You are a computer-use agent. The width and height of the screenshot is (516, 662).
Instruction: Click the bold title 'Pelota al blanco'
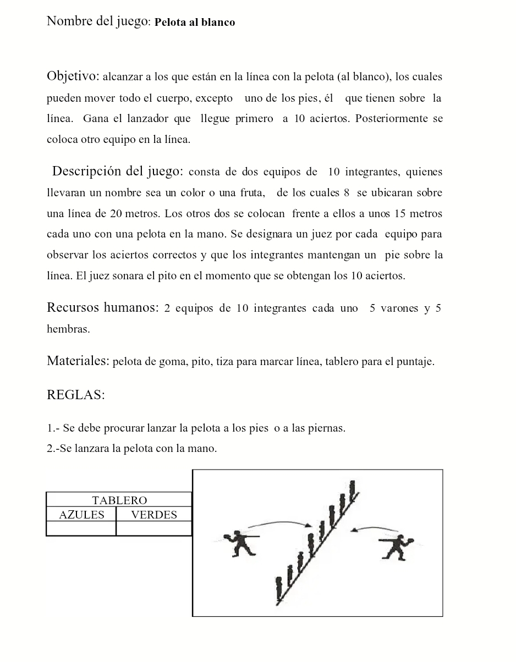tap(195, 23)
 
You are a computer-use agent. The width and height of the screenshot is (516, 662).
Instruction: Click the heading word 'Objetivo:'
tap(73, 76)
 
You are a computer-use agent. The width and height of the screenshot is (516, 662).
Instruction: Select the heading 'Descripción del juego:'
tap(118, 171)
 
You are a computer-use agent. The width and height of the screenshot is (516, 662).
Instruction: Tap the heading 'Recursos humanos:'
tap(102, 307)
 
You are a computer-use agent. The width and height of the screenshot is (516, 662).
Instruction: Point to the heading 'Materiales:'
tap(78, 361)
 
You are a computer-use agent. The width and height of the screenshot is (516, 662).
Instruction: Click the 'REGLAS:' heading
tap(76, 395)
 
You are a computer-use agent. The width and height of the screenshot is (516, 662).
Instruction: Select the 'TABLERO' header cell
tap(119, 500)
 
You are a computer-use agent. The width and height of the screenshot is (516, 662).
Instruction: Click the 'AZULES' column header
tap(81, 515)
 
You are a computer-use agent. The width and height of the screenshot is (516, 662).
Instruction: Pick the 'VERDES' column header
tap(154, 515)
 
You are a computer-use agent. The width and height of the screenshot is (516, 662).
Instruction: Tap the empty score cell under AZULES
tap(81, 528)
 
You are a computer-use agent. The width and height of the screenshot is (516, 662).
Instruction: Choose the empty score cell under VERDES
tap(154, 528)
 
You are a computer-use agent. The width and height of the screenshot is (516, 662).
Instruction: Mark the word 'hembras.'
tap(68, 329)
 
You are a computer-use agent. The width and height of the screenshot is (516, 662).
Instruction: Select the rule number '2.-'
tap(53, 449)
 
